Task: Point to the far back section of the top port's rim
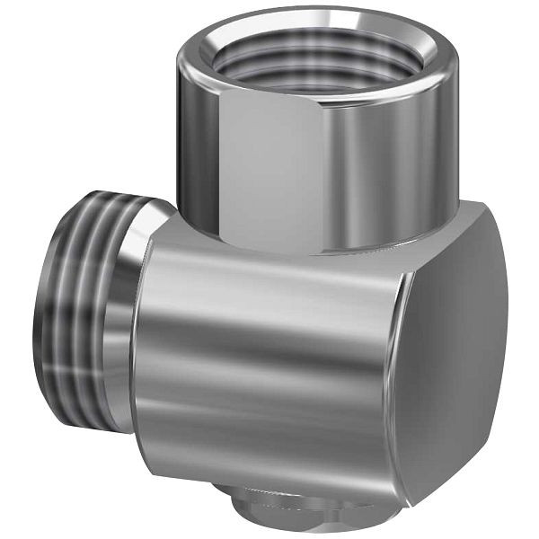pyautogui.click(x=323, y=15)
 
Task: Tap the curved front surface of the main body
pyautogui.click(x=261, y=359)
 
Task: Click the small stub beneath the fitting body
pyautogui.click(x=278, y=508)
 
